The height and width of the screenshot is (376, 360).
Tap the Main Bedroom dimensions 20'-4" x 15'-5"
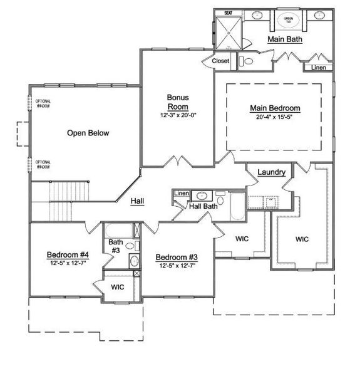[x=274, y=117]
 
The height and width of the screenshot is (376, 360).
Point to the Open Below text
[x=88, y=133]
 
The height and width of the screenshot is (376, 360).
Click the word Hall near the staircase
[x=138, y=201]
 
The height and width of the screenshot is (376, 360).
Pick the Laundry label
[x=272, y=172]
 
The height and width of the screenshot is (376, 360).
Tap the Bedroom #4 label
[x=68, y=255]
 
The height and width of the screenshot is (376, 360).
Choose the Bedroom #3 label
[x=177, y=258]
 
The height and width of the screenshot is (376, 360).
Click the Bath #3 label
[x=115, y=246]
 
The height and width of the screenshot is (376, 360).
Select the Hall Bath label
[x=203, y=206]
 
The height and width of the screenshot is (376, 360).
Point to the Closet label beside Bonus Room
[x=220, y=61]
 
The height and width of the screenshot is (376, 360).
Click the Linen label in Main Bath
[x=318, y=67]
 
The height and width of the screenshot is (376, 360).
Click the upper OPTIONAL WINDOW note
[x=43, y=104]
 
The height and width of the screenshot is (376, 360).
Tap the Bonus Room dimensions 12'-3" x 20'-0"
[x=178, y=115]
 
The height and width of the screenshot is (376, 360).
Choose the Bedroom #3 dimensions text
[x=178, y=266]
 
